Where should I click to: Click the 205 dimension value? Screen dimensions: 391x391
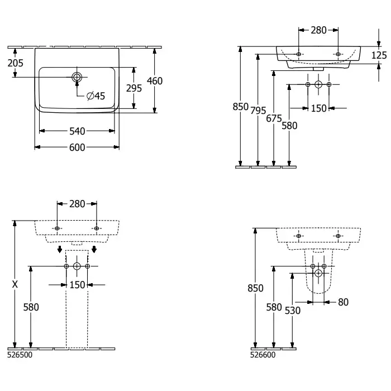[x=15, y=63]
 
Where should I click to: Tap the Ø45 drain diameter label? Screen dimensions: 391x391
[x=96, y=96]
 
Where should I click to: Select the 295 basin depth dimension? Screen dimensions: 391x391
[x=134, y=88]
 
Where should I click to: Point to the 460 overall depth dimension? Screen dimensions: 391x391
[x=155, y=81]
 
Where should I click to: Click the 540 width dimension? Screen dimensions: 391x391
[x=77, y=131]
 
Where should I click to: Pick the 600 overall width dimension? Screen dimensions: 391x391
[x=77, y=147]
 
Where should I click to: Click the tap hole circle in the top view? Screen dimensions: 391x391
[x=77, y=77]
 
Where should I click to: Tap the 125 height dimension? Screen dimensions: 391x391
[x=379, y=55]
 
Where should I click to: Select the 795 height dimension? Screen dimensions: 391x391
[x=258, y=110]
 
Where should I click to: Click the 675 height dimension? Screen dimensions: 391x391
[x=274, y=118]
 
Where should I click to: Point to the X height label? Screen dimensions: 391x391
[x=15, y=284]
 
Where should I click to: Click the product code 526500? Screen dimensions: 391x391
[x=20, y=355]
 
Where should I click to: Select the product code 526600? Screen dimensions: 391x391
[x=263, y=355]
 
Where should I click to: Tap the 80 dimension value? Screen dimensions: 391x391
[x=343, y=302]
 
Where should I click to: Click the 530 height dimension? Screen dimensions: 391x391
[x=293, y=311]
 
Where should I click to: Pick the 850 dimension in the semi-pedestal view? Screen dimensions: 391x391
[x=255, y=288]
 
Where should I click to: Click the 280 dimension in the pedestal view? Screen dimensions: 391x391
[x=77, y=204]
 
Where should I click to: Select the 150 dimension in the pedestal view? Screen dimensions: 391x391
[x=77, y=285]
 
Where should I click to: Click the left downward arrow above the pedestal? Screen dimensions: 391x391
[x=60, y=249]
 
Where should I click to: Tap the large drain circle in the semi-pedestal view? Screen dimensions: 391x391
[x=318, y=273]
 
